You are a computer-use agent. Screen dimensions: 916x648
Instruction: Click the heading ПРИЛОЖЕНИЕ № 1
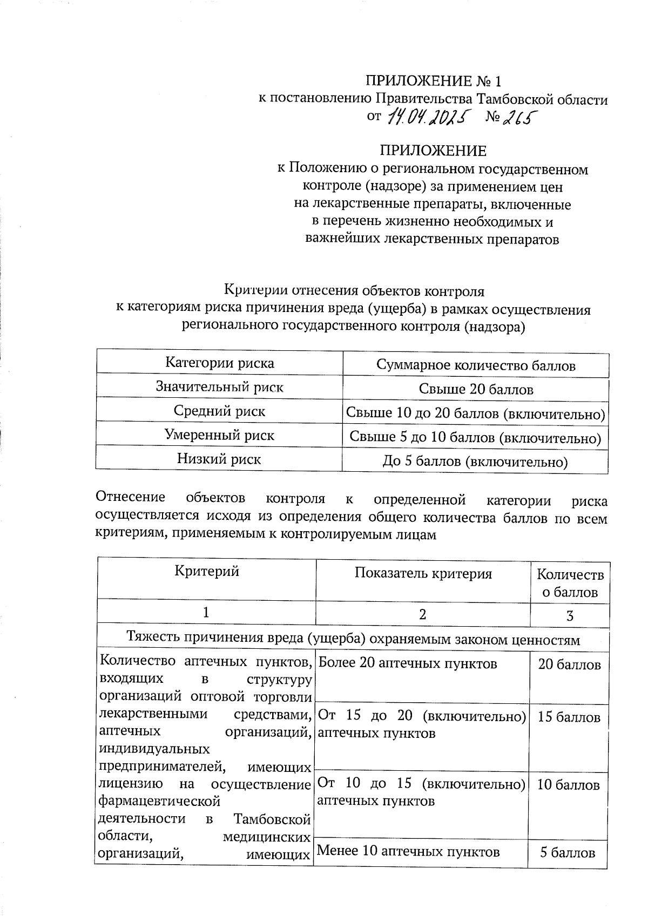point(434,81)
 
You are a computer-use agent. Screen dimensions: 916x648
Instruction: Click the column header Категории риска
point(219,363)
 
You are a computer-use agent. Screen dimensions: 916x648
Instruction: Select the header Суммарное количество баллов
point(476,365)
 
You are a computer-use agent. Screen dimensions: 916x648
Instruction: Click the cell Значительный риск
point(219,386)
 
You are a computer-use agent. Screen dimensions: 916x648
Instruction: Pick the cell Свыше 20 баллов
point(476,389)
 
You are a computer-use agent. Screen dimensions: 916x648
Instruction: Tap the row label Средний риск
point(219,411)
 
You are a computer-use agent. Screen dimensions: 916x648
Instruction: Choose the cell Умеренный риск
point(219,435)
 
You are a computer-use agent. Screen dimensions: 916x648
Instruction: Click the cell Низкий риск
point(219,459)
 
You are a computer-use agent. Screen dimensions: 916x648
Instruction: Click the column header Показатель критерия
point(423,573)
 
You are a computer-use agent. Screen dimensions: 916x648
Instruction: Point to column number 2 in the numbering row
point(423,614)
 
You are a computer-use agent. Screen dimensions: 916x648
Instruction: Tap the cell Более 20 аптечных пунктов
point(408,663)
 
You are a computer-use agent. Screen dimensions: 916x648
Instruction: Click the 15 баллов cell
point(569,717)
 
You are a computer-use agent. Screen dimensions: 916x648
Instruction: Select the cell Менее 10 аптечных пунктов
point(408,851)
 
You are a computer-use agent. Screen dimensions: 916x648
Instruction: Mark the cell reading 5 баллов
point(568,852)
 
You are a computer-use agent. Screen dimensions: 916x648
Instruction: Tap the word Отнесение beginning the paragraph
point(130,499)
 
